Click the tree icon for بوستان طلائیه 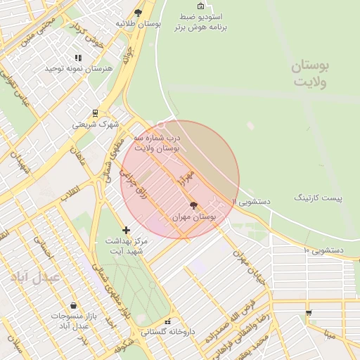point(138,13)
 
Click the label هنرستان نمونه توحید point(79,69)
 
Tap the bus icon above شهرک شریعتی point(95,112)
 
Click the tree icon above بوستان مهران point(194,205)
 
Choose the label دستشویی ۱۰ point(323,250)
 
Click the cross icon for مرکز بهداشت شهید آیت point(126,230)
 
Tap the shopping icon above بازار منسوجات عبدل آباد point(74,306)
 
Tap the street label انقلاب point(70,192)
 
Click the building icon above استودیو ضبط point(200,6)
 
